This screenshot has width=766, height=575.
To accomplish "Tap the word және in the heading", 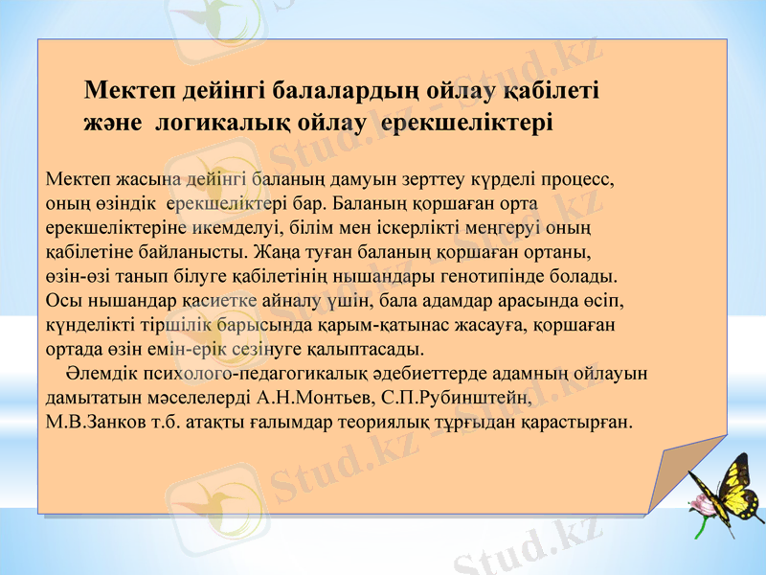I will [x=113, y=124].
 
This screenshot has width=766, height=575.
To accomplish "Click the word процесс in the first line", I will [x=573, y=178].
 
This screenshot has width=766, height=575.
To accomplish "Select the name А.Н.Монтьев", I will [x=312, y=397].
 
